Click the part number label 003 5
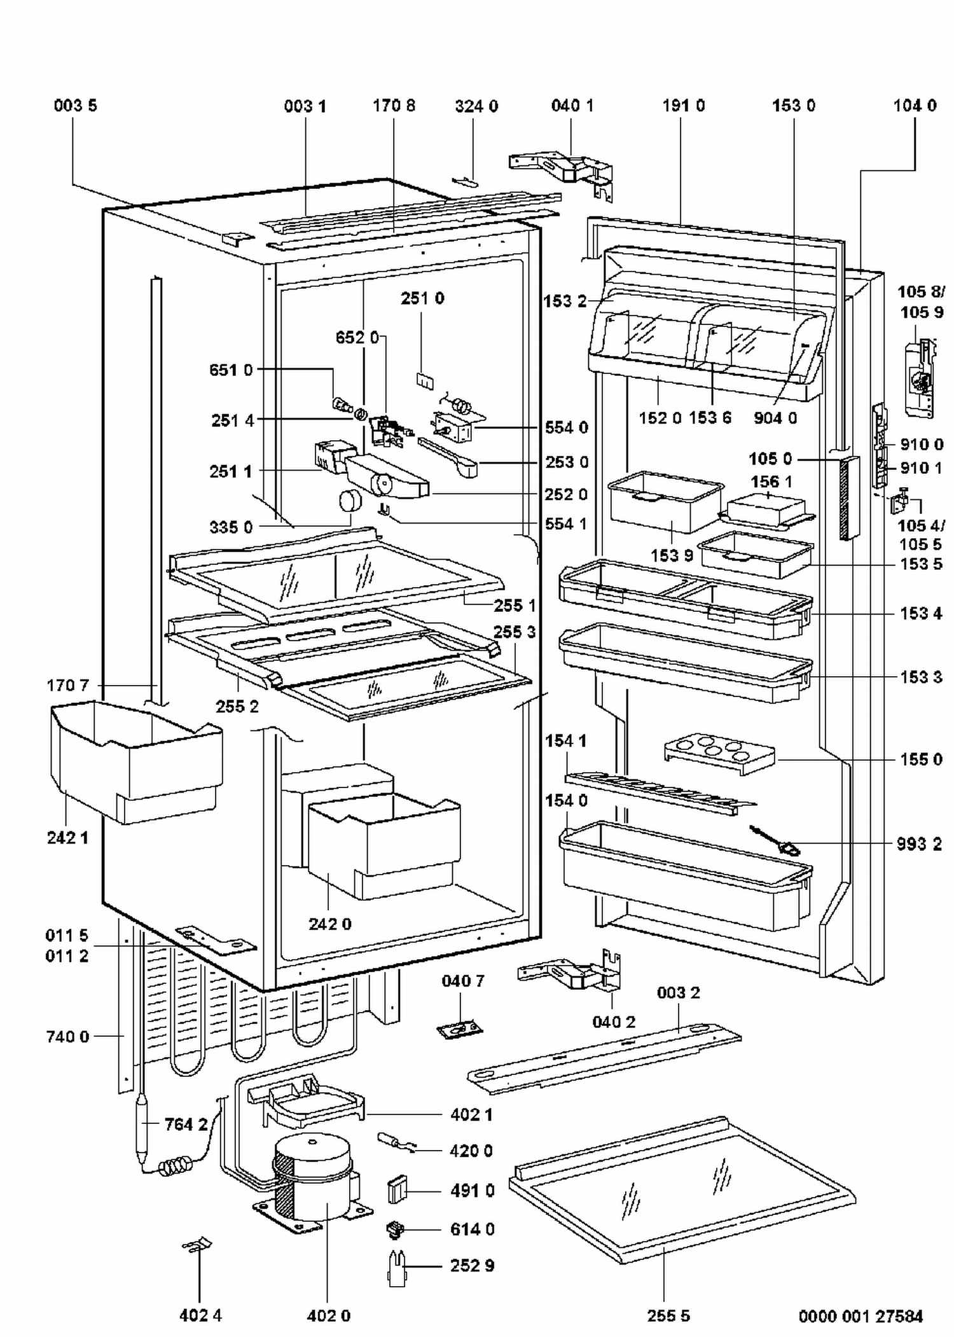(x=76, y=106)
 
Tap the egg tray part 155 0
(x=719, y=754)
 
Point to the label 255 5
(x=668, y=1315)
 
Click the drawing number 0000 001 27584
(x=861, y=1315)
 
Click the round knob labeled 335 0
(x=349, y=501)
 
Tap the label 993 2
(x=919, y=844)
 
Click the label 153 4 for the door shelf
(x=921, y=614)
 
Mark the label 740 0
(x=67, y=1037)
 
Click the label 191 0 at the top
(x=684, y=106)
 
